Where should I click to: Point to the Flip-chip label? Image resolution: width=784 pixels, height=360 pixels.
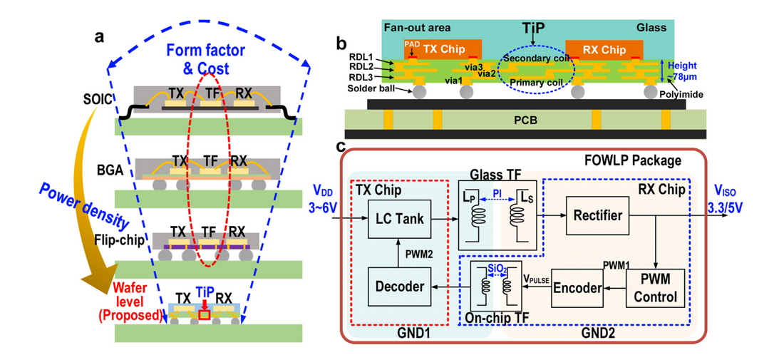point(114,239)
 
